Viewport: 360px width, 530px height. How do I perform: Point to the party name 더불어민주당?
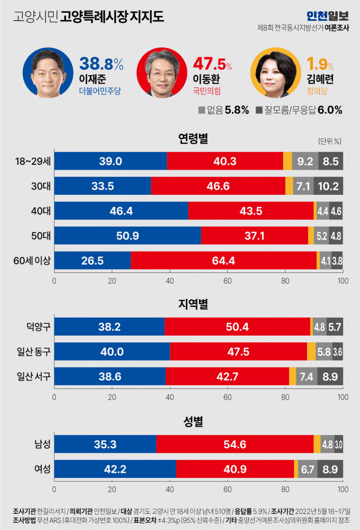click(100, 91)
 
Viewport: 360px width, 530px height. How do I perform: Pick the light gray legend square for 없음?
click(202, 110)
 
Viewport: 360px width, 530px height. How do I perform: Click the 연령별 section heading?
click(193, 138)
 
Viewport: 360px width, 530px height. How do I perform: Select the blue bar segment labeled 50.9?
click(127, 236)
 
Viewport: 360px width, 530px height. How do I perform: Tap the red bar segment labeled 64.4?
click(223, 261)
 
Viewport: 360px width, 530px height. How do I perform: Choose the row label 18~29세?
click(33, 161)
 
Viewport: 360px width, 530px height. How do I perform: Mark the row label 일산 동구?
click(33, 351)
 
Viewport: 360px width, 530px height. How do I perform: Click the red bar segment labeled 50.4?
click(237, 327)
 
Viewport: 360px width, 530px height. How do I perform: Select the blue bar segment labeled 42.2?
click(115, 469)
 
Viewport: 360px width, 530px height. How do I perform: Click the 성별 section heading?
click(193, 422)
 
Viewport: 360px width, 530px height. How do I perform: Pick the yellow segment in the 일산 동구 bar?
click(311, 351)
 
